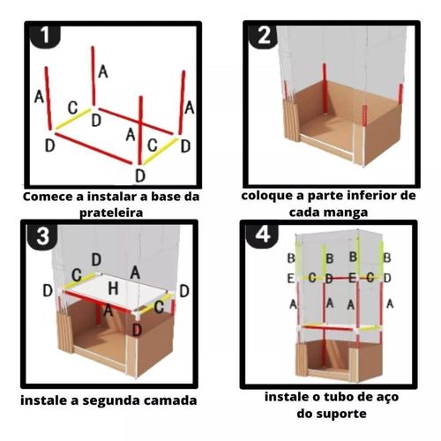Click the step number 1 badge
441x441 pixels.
coord(45,36)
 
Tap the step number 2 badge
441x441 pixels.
coord(264,36)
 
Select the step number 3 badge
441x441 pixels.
coord(43,235)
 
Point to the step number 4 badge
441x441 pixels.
coord(263,235)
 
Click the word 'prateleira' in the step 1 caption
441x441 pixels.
coord(111,213)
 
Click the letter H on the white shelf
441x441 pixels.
coord(113,288)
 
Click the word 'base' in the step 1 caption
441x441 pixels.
coord(165,197)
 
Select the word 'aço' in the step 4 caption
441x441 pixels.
coord(387,398)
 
